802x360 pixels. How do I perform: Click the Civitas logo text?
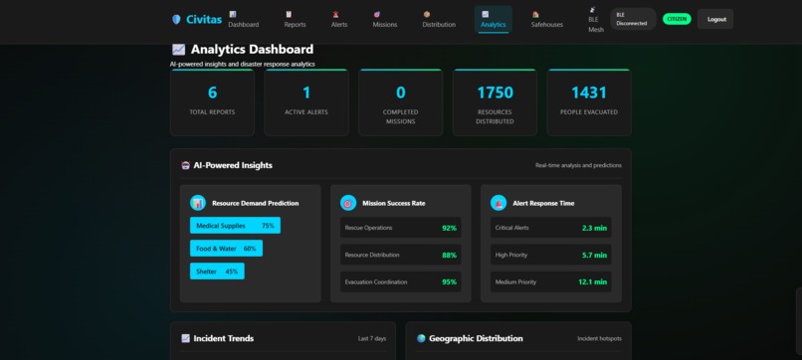click(204, 19)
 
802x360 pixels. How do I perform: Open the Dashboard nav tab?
click(243, 19)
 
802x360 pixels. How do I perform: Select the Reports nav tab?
click(295, 19)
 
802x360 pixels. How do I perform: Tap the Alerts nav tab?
click(339, 19)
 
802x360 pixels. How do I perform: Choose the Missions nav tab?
click(384, 19)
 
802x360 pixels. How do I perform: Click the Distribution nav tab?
click(439, 19)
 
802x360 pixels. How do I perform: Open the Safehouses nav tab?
click(547, 19)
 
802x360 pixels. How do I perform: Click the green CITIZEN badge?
click(677, 19)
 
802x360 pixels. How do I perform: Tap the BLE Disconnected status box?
click(632, 19)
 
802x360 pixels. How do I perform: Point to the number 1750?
click(495, 92)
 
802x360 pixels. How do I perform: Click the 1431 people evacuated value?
click(589, 92)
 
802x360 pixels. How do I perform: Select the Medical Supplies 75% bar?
click(235, 226)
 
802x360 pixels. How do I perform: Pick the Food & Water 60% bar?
click(226, 249)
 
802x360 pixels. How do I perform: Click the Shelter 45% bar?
click(217, 271)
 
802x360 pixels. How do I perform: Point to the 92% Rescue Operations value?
click(449, 228)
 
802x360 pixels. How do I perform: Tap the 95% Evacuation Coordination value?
click(449, 282)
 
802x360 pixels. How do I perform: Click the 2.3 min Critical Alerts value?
click(594, 228)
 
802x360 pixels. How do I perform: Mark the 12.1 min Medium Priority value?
click(593, 282)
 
